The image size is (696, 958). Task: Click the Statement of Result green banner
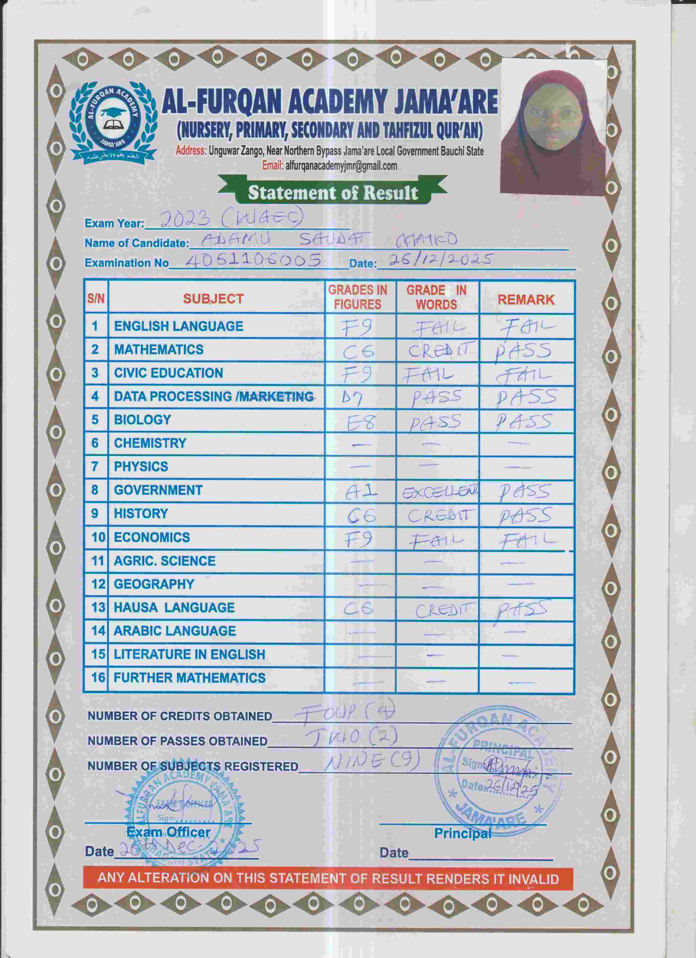tap(333, 193)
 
